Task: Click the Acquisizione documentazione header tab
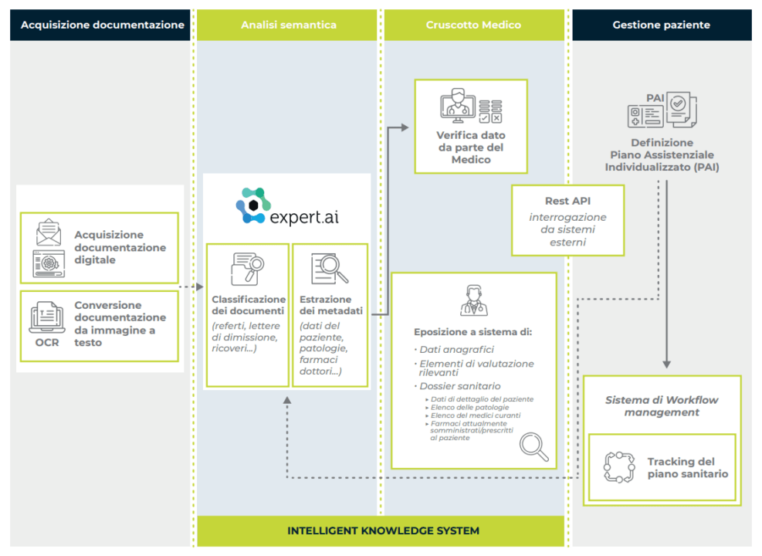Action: pyautogui.click(x=102, y=25)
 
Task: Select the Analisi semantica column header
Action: pyautogui.click(x=288, y=25)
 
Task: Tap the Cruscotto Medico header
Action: pyautogui.click(x=473, y=25)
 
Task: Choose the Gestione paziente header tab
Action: pyautogui.click(x=662, y=25)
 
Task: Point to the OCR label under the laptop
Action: pyautogui.click(x=47, y=342)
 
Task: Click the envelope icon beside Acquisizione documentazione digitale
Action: pyautogui.click(x=48, y=232)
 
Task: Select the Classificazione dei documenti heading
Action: pyautogui.click(x=249, y=305)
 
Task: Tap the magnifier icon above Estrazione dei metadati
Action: pyautogui.click(x=329, y=268)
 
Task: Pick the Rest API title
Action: pyautogui.click(x=567, y=201)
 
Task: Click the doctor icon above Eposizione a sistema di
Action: pyautogui.click(x=473, y=300)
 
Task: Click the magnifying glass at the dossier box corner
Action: pyautogui.click(x=534, y=446)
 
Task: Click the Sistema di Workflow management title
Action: pyautogui.click(x=662, y=405)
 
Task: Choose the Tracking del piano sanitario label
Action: pyautogui.click(x=687, y=467)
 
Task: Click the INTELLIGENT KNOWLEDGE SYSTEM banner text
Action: pyautogui.click(x=383, y=531)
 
